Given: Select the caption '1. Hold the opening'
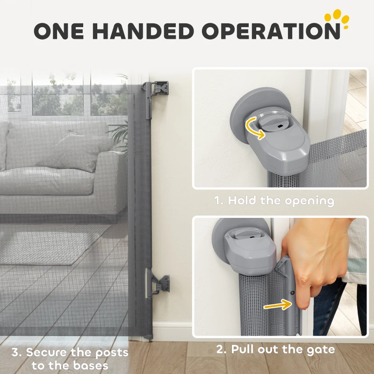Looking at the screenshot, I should (274, 201).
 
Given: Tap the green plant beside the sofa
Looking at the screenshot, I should (121, 133).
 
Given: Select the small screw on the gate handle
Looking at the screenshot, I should (292, 293).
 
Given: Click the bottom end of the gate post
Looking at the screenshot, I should (148, 336).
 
